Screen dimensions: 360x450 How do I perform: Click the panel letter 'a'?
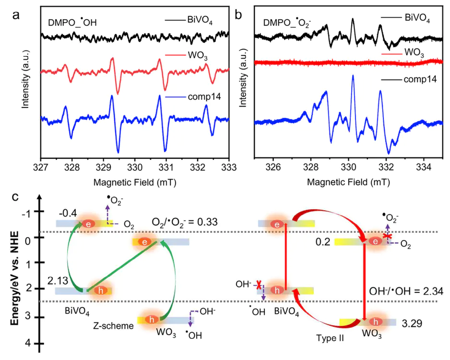(16, 14)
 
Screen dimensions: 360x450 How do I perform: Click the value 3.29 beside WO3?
(412, 323)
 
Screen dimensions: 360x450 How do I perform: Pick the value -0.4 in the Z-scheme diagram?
(67, 213)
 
